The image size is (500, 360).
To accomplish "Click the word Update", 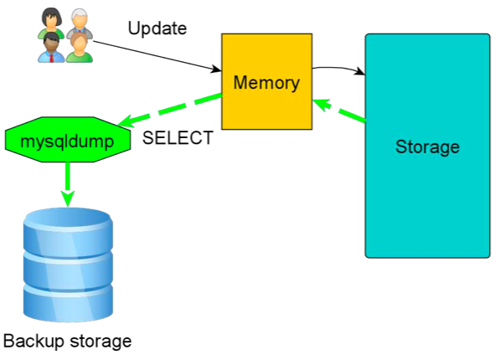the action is tap(157, 28).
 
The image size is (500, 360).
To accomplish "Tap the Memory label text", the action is tap(266, 83).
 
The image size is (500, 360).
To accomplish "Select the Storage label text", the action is tap(427, 147).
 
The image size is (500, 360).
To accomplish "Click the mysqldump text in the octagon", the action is tap(67, 141).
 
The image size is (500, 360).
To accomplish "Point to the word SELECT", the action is tap(178, 138).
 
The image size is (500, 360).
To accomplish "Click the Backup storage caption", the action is tap(67, 341).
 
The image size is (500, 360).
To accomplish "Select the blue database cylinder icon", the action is tap(68, 265).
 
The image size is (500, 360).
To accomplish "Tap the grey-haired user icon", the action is tap(80, 23).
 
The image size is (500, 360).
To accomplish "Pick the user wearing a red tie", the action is tap(51, 47).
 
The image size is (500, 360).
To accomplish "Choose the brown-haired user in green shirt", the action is tap(79, 47).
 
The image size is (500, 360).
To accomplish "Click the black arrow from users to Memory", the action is tap(157, 55).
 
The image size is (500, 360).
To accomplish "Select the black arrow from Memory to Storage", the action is tap(338, 68).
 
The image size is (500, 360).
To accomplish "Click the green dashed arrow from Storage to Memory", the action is tap(339, 111).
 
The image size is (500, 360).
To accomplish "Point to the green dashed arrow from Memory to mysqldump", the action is tap(170, 110).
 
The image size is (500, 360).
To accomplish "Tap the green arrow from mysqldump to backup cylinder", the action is tap(68, 184).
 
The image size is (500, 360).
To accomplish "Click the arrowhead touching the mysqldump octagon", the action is tap(126, 121).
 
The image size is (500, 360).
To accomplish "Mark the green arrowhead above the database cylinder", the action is tap(68, 199).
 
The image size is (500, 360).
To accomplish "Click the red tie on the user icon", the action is tap(52, 58).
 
